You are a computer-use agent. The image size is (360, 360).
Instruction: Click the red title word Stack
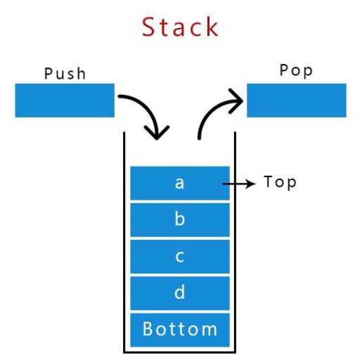180,27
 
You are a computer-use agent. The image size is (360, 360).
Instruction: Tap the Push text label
65,73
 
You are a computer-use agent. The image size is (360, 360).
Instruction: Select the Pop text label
296,72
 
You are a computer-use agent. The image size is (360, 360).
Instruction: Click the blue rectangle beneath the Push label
65,100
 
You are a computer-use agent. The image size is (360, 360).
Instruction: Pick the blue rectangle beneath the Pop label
296,100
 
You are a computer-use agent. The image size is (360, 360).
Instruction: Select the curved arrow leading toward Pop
214,112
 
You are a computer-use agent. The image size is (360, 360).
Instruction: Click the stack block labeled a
180,183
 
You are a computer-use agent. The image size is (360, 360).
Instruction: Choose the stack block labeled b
180,219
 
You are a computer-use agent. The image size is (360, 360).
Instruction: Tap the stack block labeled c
180,256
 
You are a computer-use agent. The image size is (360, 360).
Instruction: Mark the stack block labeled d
180,292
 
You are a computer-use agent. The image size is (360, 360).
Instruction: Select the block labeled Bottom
180,328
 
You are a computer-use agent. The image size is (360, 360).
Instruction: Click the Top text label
280,182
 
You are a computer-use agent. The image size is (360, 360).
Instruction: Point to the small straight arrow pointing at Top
239,183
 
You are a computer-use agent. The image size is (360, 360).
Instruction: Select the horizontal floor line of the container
180,351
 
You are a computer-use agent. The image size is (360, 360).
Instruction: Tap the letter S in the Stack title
149,27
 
